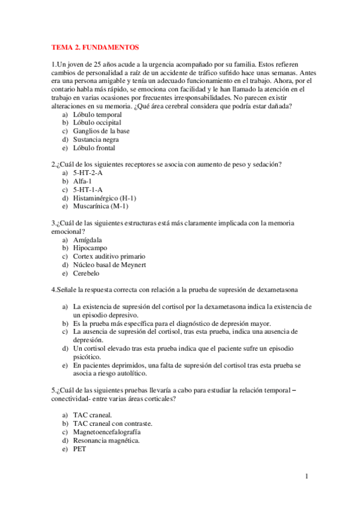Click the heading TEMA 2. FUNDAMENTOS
click(x=95, y=46)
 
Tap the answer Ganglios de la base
click(x=101, y=131)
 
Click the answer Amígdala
click(x=87, y=239)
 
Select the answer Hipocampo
click(x=90, y=248)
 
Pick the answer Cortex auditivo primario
click(x=109, y=256)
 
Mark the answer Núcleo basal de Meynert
click(x=109, y=265)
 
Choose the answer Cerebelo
click(x=87, y=273)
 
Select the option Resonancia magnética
click(x=106, y=440)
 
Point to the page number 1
click(x=307, y=477)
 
